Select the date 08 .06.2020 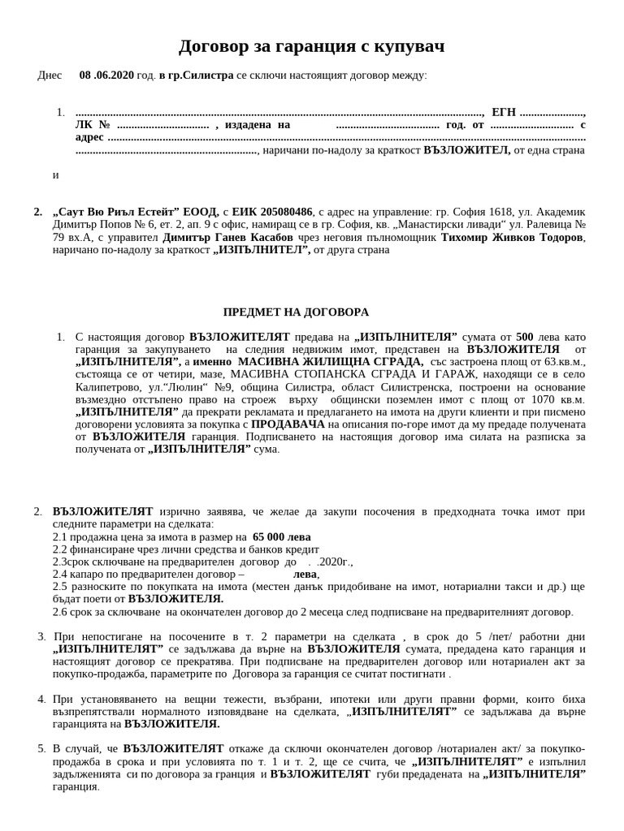[106, 75]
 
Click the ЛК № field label [92, 125]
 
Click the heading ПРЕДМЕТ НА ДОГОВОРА [296, 312]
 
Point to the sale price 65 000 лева [281, 537]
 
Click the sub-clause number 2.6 [60, 612]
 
